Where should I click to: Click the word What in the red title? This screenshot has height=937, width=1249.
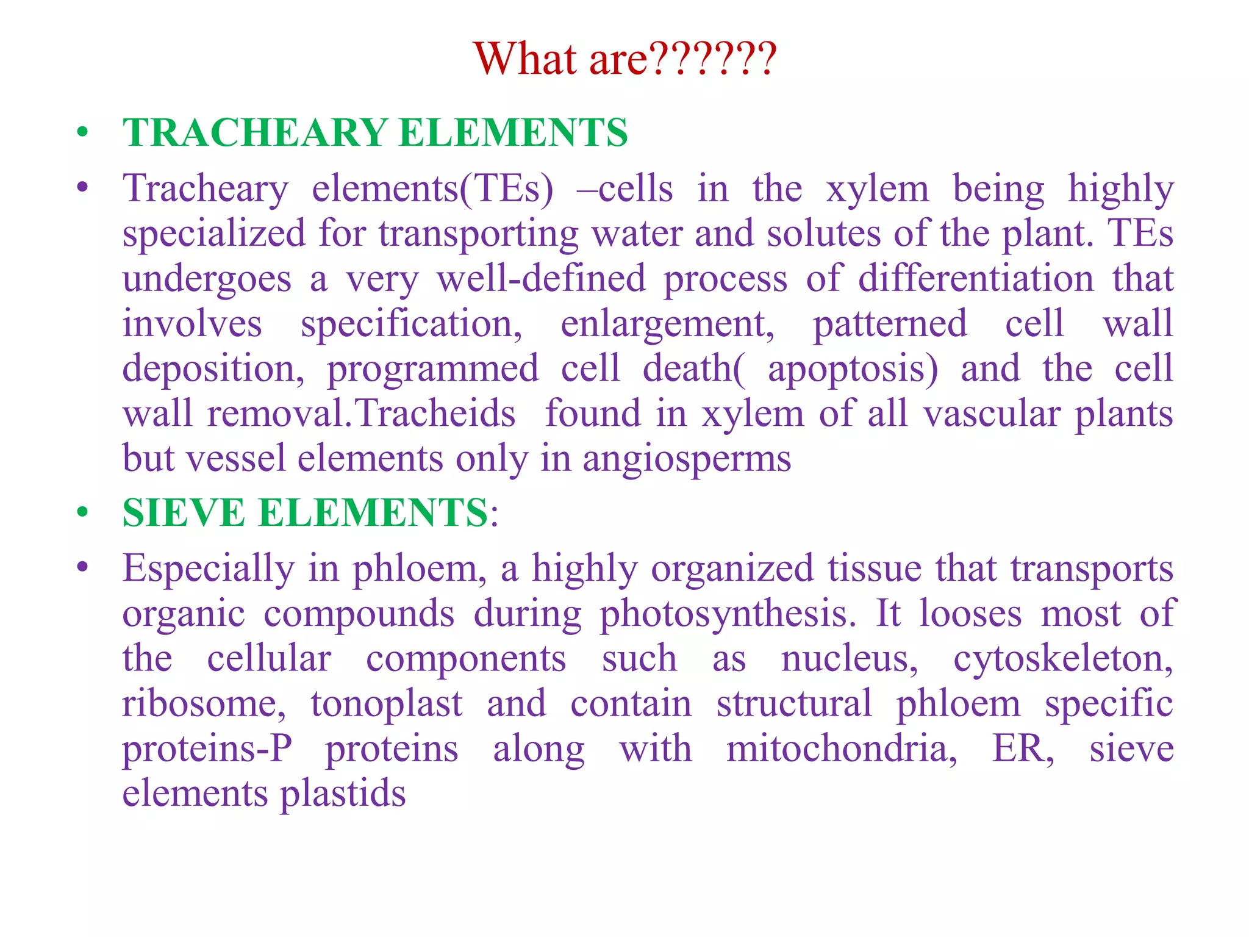coord(525,59)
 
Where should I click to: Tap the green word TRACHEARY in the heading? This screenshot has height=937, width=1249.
coord(256,133)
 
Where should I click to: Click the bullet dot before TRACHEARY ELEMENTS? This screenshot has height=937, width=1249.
coord(82,132)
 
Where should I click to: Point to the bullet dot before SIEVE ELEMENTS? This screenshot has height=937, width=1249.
coord(82,512)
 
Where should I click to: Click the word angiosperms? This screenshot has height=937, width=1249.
coord(687,459)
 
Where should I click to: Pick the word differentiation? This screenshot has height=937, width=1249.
coord(976,279)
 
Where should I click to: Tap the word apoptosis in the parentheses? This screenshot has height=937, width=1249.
coord(851,369)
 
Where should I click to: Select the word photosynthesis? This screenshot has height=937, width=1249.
coord(728,614)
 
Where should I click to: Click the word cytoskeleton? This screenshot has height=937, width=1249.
coord(1062,659)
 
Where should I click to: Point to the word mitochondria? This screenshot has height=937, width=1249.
coord(842,749)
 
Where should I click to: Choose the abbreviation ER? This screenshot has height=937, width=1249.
coord(1022,749)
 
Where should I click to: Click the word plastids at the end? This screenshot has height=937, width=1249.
coord(343,794)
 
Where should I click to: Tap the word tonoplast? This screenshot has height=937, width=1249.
coord(386,703)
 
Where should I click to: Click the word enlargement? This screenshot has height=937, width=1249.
coord(667,324)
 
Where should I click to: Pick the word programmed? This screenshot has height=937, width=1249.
coord(433,369)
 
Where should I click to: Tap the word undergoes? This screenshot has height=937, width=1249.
coord(207,279)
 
